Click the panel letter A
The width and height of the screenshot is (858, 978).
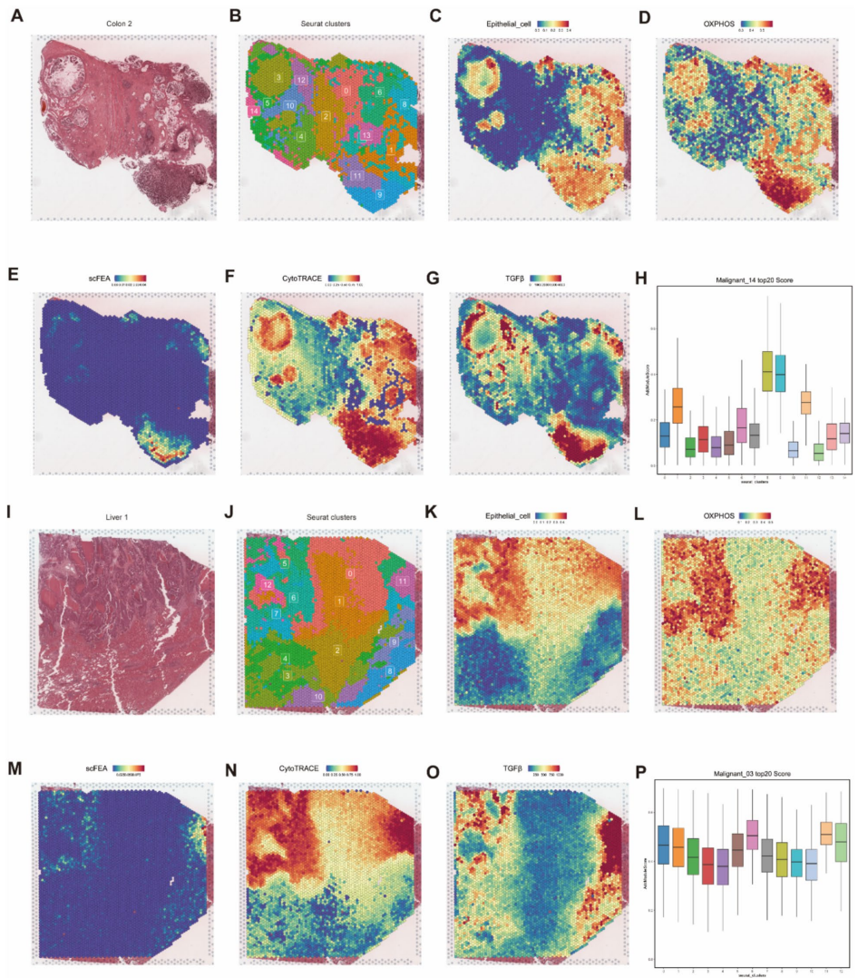click(15, 15)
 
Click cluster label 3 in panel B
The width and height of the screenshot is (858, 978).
click(278, 80)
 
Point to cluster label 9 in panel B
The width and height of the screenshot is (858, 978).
click(379, 194)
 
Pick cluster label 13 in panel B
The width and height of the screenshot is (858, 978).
click(366, 135)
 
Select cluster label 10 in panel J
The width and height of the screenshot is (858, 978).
click(318, 697)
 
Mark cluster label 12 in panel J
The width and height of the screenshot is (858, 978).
click(267, 585)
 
